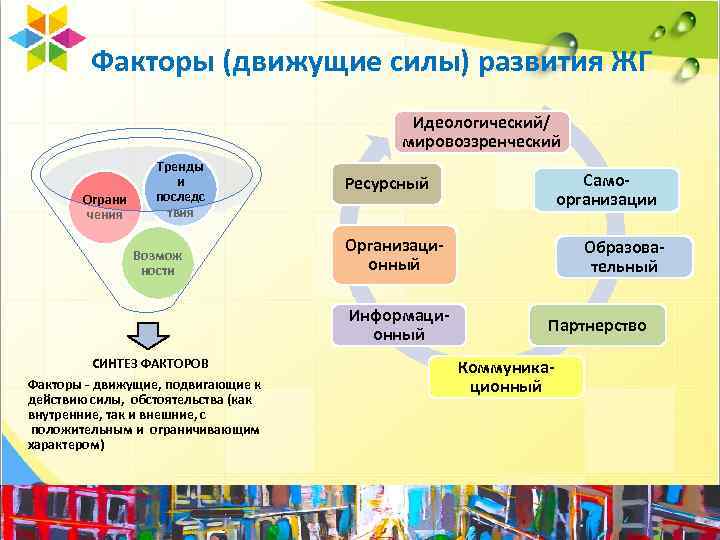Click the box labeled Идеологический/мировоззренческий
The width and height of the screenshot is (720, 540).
point(483,131)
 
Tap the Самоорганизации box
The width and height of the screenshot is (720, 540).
point(605,189)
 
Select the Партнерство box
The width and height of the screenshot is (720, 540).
point(597,326)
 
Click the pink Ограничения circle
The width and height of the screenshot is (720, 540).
point(104,206)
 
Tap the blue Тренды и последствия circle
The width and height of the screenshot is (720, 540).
point(180,190)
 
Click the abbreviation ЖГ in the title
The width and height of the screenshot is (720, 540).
point(629,62)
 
